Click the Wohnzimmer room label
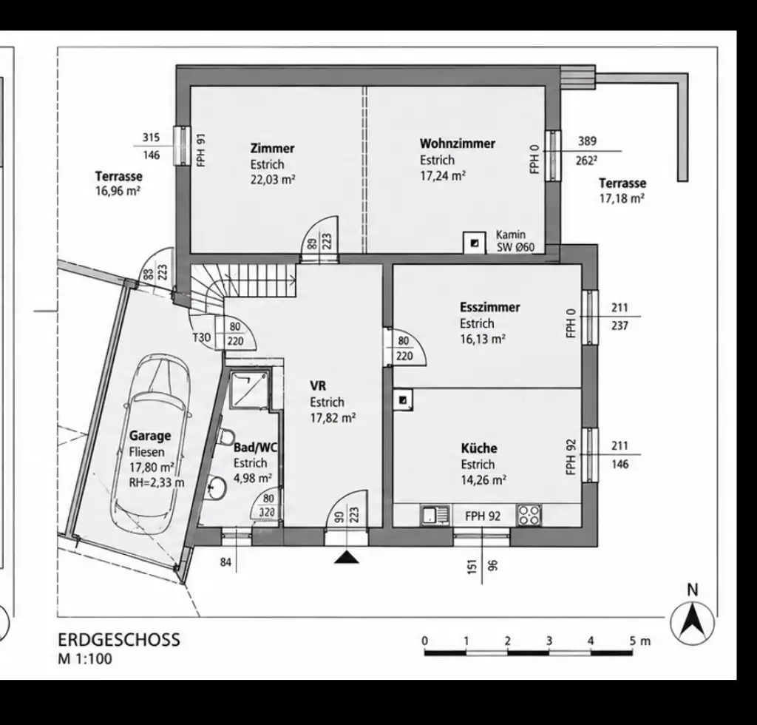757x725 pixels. (457, 144)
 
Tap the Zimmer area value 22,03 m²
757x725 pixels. (273, 180)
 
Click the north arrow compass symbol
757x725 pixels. (693, 623)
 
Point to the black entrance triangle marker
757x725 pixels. (347, 558)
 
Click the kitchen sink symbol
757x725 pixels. (435, 515)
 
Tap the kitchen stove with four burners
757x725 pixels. (529, 515)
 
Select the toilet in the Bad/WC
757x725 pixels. (225, 436)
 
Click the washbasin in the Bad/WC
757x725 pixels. (216, 488)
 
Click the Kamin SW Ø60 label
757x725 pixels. (515, 241)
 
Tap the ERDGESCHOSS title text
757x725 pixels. (119, 639)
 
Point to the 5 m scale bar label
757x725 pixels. (640, 641)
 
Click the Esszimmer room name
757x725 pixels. (489, 307)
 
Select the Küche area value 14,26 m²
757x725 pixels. (483, 480)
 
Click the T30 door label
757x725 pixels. (202, 337)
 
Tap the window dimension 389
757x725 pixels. (587, 141)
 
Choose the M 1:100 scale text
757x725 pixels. (85, 659)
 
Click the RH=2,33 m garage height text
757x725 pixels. (157, 482)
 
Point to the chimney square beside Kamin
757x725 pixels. (475, 243)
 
